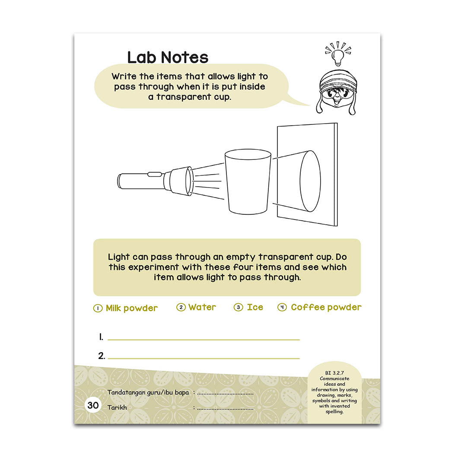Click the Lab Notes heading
[168, 57]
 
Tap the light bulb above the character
[338, 57]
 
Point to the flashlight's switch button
[155, 175]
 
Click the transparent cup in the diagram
[248, 181]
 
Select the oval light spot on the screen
[310, 181]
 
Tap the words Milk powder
[131, 308]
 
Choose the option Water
[202, 307]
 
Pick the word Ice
[255, 307]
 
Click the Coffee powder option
[326, 307]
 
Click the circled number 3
[239, 307]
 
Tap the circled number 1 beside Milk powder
[98, 308]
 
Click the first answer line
[204, 340]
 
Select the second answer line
[204, 358]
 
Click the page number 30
[93, 405]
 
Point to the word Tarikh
[117, 407]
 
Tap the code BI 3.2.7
[334, 373]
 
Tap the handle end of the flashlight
[119, 181]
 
